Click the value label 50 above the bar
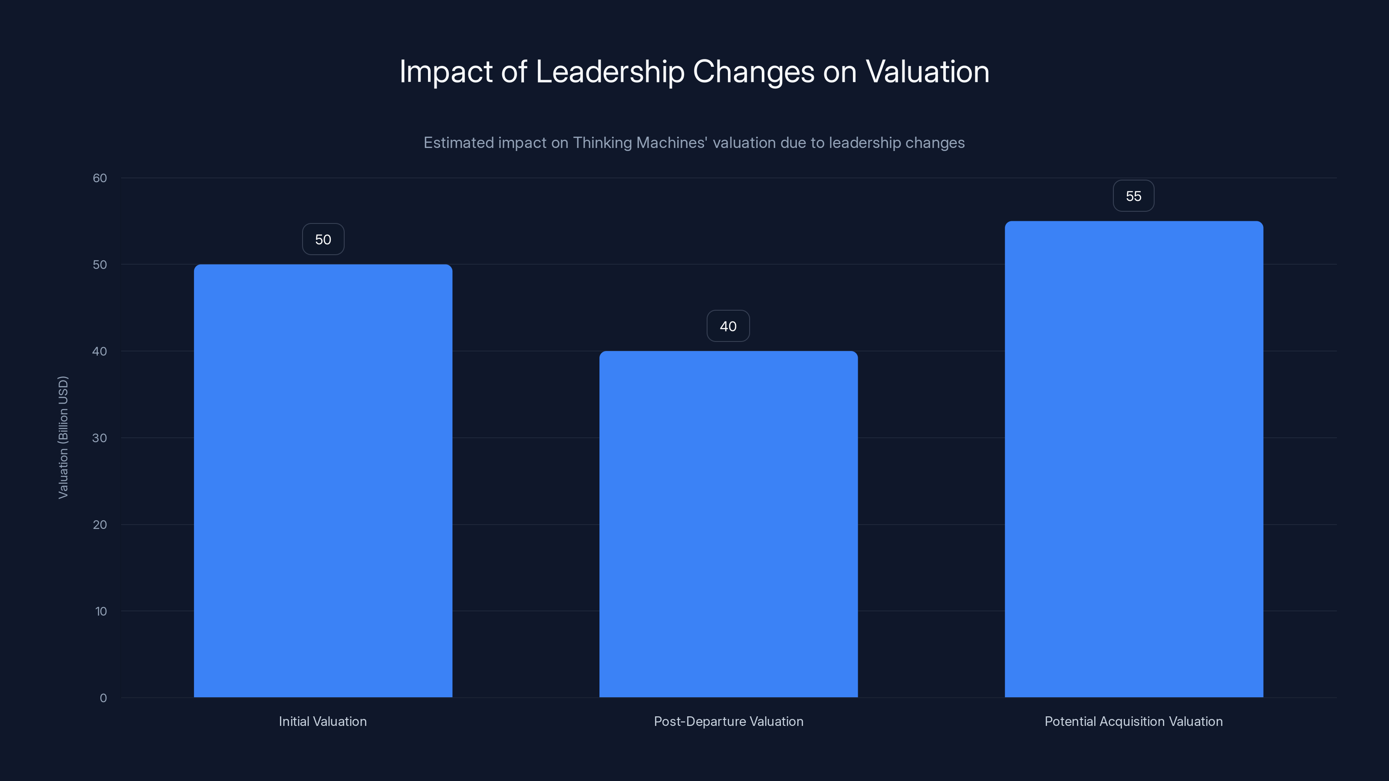323,240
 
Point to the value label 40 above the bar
728,326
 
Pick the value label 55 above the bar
1133,196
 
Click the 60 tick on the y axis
100,178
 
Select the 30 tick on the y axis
100,438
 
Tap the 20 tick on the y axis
100,525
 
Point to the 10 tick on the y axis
101,611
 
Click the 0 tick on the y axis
103,698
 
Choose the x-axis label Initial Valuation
323,721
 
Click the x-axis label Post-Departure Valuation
728,721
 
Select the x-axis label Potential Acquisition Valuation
1133,721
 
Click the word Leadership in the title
609,72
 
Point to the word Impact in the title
445,72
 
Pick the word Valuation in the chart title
928,72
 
